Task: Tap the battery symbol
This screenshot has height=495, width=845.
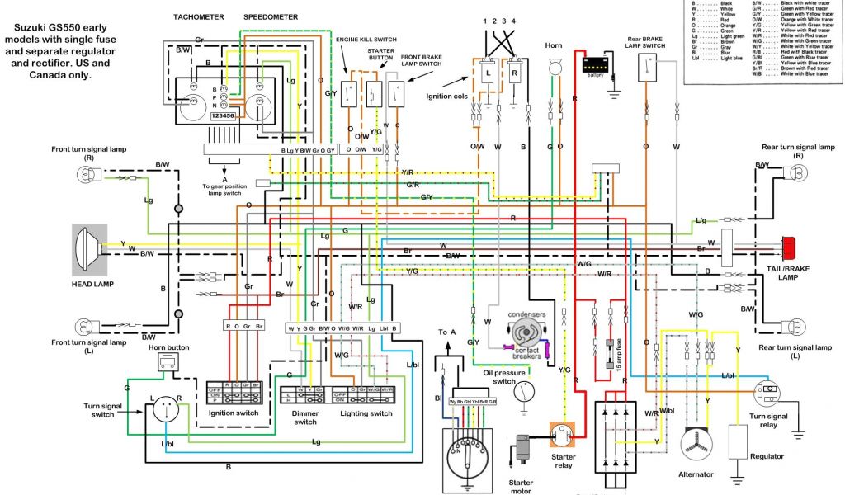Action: point(594,64)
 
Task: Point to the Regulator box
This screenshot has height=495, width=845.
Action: point(737,441)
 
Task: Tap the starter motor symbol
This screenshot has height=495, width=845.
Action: point(522,450)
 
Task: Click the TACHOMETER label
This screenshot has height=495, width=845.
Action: point(198,16)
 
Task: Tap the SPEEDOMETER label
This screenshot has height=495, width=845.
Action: point(269,16)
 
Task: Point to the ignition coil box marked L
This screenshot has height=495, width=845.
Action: point(489,73)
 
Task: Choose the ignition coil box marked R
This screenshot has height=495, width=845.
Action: point(516,73)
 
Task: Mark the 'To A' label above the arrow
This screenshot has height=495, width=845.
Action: point(447,333)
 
